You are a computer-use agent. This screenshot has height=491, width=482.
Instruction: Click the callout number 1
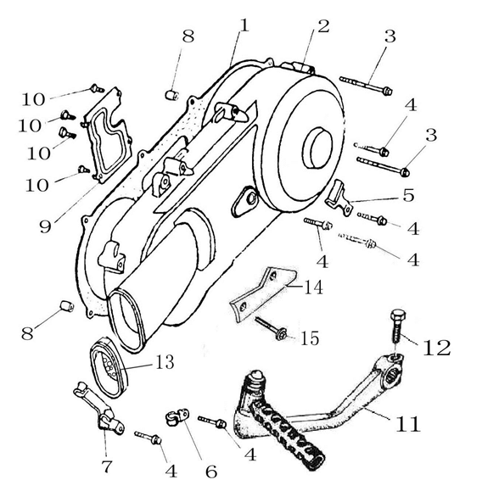coord(244,25)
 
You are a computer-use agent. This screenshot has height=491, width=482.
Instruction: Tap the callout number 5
coord(408,195)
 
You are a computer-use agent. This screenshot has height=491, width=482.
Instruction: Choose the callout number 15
coord(309,338)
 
